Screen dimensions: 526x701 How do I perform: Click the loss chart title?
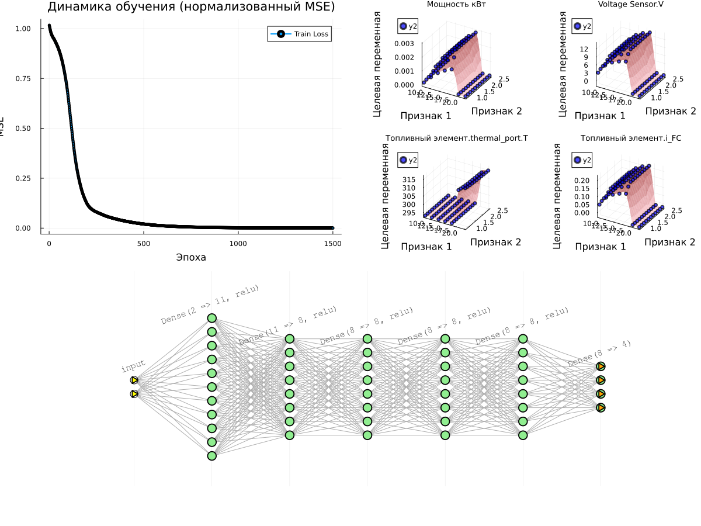tap(191, 7)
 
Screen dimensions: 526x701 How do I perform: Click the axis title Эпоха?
tap(191, 257)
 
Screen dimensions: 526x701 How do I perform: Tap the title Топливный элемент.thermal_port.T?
tap(456, 138)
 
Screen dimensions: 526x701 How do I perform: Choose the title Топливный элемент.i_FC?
tap(630, 138)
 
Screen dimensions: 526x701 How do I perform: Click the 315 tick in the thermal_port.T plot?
tap(408, 179)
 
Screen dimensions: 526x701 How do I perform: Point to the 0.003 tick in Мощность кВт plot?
tap(404, 43)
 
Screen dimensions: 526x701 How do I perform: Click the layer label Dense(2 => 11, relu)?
tap(210, 304)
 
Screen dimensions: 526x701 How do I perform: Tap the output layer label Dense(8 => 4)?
tap(599, 353)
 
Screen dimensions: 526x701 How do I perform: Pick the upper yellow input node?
tap(134, 380)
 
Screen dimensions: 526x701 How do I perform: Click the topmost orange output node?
tap(601, 366)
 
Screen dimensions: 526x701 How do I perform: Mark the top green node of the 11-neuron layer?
tap(211, 318)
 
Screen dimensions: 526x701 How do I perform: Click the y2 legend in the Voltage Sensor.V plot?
tap(584, 26)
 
